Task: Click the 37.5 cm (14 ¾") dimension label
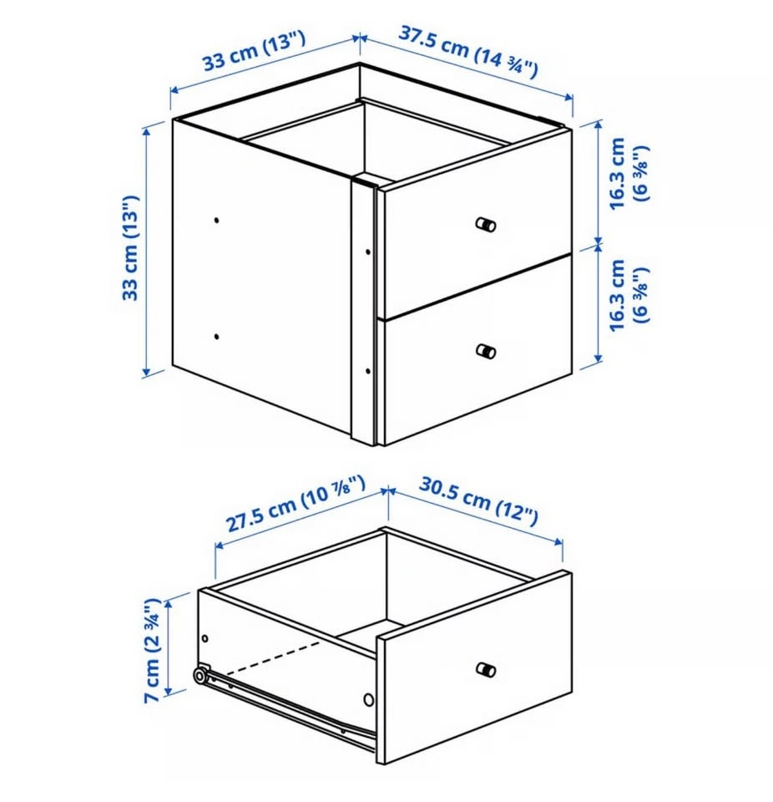[x=467, y=53]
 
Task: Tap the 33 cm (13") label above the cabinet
[x=254, y=51]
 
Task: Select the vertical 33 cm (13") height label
[x=131, y=247]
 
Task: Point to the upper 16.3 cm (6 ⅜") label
[x=627, y=173]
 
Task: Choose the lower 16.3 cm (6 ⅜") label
[x=627, y=295]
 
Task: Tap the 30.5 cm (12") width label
[x=478, y=500]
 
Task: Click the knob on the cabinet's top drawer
[x=486, y=225]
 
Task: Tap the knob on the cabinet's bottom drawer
[x=486, y=352]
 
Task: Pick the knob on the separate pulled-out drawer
[x=486, y=669]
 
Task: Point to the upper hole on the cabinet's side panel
[x=217, y=221]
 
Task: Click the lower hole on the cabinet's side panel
[x=217, y=337]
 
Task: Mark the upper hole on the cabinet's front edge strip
[x=367, y=251]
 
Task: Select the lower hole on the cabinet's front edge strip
[x=367, y=371]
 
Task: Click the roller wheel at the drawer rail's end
[x=200, y=676]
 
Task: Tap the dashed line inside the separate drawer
[x=273, y=657]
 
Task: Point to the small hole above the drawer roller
[x=205, y=638]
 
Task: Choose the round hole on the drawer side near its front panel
[x=369, y=700]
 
